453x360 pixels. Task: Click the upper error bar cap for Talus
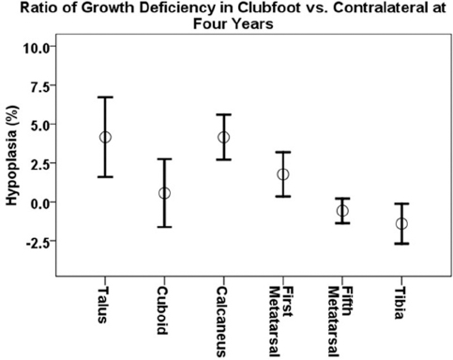105,97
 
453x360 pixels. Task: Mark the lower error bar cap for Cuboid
164,227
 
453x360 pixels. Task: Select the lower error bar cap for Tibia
401,244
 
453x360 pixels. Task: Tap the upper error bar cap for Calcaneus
224,114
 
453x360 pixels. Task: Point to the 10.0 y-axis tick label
36,48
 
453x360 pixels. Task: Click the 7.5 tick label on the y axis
39,87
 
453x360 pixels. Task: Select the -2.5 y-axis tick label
37,242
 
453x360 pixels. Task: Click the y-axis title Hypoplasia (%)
12,156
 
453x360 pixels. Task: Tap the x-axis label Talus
102,305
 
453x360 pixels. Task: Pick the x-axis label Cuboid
162,311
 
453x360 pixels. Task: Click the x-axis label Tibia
399,303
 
